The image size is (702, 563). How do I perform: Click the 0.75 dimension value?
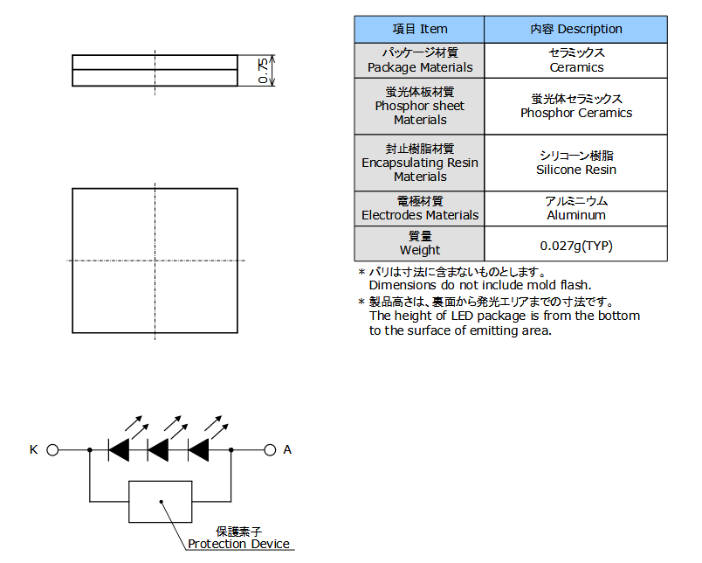[x=264, y=71]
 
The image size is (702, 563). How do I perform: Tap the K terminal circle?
[x=52, y=450]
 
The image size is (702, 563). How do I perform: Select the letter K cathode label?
[x=34, y=449]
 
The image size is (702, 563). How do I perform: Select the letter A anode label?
[x=287, y=449]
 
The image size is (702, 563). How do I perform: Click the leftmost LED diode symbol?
[x=119, y=450]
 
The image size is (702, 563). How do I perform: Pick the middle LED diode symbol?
[x=158, y=450]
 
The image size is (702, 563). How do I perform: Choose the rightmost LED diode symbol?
[x=198, y=450]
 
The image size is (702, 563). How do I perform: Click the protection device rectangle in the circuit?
[x=161, y=502]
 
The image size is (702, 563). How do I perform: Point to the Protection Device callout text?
[x=238, y=544]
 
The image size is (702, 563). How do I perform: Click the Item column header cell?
[x=419, y=29]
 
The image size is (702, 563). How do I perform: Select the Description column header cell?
[x=575, y=29]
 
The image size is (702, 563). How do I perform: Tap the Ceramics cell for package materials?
[x=575, y=60]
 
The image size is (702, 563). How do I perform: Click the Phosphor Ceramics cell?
[x=575, y=106]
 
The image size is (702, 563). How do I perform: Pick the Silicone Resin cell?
[x=575, y=163]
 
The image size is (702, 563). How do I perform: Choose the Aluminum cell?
[x=575, y=208]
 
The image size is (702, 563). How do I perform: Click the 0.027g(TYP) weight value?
[x=575, y=244]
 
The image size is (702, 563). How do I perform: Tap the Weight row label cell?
[x=419, y=244]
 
